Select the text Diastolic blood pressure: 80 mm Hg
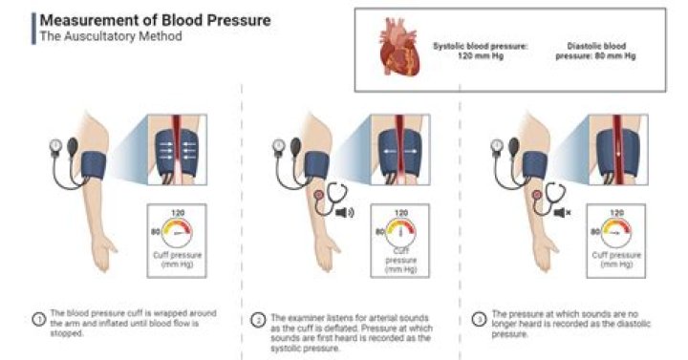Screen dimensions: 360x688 pyautogui.click(x=593, y=51)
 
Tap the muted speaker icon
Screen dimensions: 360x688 pyautogui.click(x=564, y=204)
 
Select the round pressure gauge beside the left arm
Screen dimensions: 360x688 pyautogui.click(x=58, y=148)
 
